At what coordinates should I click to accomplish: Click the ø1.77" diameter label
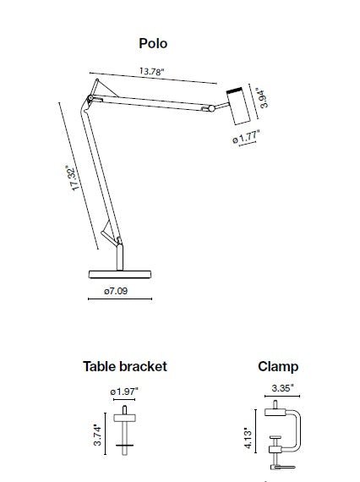click(x=246, y=136)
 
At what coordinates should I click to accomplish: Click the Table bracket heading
click(x=124, y=366)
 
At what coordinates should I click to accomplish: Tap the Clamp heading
click(x=278, y=367)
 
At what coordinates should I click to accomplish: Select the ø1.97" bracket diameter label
click(x=124, y=391)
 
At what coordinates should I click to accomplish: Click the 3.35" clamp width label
click(x=282, y=390)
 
